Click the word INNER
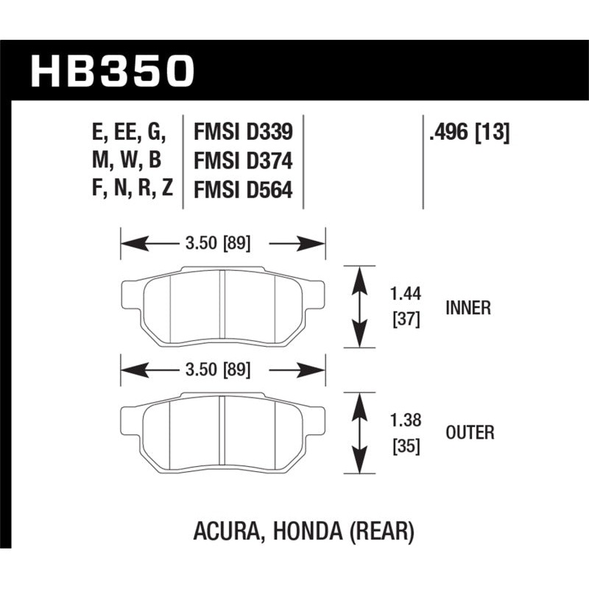[468, 308]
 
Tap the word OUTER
[470, 433]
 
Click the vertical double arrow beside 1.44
[360, 306]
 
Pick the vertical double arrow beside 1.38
[360, 432]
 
